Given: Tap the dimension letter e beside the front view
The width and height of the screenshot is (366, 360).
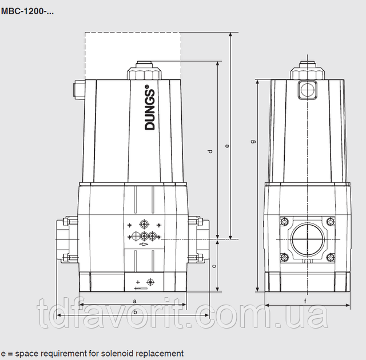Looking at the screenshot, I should (x=228, y=147).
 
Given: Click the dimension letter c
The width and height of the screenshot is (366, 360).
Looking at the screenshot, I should (x=214, y=266).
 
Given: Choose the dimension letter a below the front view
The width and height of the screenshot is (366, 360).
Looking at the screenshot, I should (x=134, y=301).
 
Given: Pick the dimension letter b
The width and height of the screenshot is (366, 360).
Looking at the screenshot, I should (x=134, y=313).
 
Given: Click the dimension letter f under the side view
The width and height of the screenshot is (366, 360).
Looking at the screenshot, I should (x=305, y=301).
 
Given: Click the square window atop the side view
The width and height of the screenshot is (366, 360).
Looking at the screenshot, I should (x=307, y=89).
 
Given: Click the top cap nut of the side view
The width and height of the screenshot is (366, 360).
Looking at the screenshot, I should (x=307, y=72).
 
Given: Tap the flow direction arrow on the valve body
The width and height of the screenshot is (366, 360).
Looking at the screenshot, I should (x=143, y=245).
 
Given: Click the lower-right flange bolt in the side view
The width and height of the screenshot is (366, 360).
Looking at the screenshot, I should (x=329, y=255).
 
